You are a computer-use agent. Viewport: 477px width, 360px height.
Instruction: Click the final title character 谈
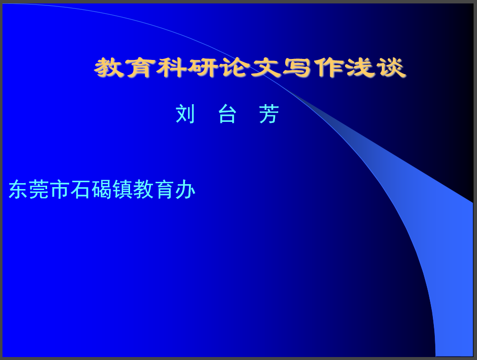(x=392, y=67)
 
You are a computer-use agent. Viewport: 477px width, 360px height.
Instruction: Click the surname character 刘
(x=185, y=113)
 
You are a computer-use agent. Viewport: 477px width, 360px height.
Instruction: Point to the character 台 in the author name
(x=227, y=113)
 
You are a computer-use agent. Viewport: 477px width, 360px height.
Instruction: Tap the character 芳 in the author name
(x=269, y=113)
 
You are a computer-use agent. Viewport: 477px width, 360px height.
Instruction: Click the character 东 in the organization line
(x=18, y=190)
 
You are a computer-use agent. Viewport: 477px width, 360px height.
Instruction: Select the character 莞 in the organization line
(x=39, y=190)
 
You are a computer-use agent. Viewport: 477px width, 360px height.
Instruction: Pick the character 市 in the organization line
(x=60, y=190)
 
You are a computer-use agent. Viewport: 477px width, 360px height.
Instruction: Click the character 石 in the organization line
(x=80, y=190)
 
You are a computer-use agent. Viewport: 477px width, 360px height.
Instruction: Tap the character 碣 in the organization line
(x=101, y=190)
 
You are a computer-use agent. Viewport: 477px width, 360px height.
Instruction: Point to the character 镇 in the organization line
(x=122, y=190)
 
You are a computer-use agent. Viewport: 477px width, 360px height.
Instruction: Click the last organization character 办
(x=185, y=190)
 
